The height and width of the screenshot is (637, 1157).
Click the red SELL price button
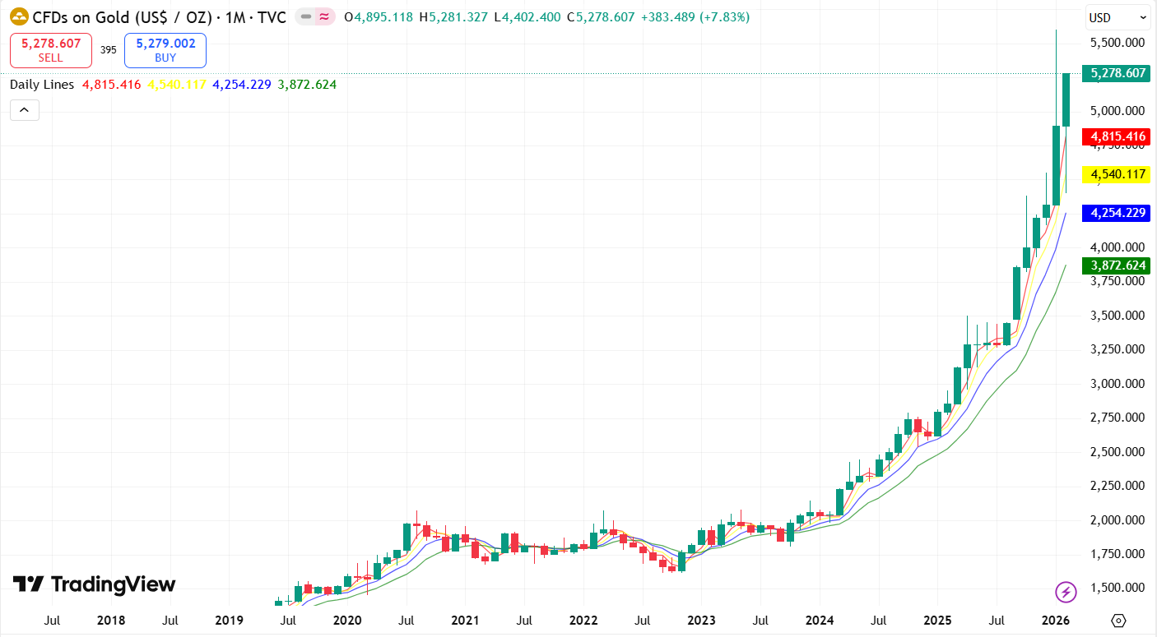tap(51, 50)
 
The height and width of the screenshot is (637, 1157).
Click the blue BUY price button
tap(165, 50)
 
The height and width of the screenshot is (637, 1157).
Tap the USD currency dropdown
tap(1118, 17)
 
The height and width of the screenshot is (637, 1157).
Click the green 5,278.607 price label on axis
tap(1118, 73)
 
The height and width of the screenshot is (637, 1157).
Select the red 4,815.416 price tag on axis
tap(1118, 136)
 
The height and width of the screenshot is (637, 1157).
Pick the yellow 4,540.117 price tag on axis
tap(1118, 174)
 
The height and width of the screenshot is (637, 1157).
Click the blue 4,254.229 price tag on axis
tap(1118, 213)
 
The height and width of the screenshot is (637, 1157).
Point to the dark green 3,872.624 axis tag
tap(1118, 265)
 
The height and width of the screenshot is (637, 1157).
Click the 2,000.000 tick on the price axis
tap(1117, 520)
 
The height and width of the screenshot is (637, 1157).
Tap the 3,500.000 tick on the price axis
tap(1117, 316)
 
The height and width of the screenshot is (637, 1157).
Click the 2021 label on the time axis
tap(465, 620)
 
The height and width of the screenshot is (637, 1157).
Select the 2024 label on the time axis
tap(820, 620)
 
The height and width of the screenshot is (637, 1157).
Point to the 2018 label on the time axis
tap(111, 620)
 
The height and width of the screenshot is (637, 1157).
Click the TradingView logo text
tap(95, 584)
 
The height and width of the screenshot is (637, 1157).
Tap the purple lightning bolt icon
tap(1066, 591)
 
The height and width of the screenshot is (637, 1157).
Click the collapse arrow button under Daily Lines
tap(25, 109)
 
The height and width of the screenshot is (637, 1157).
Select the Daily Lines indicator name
tap(42, 84)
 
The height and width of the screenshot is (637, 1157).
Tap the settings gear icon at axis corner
tap(1118, 621)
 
